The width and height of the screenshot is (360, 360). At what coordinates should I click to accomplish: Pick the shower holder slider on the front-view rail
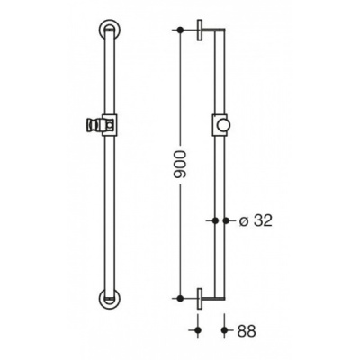pyautogui.click(x=106, y=121)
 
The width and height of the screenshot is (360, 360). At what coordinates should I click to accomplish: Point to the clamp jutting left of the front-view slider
pyautogui.click(x=92, y=121)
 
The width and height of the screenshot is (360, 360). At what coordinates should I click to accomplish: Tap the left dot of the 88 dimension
pyautogui.click(x=198, y=330)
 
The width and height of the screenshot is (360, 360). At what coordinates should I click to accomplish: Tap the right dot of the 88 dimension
pyautogui.click(x=222, y=330)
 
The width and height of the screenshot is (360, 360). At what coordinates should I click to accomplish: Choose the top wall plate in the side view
pyautogui.click(x=198, y=28)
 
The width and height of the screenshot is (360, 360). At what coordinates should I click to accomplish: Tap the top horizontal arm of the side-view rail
pyautogui.click(x=209, y=31)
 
